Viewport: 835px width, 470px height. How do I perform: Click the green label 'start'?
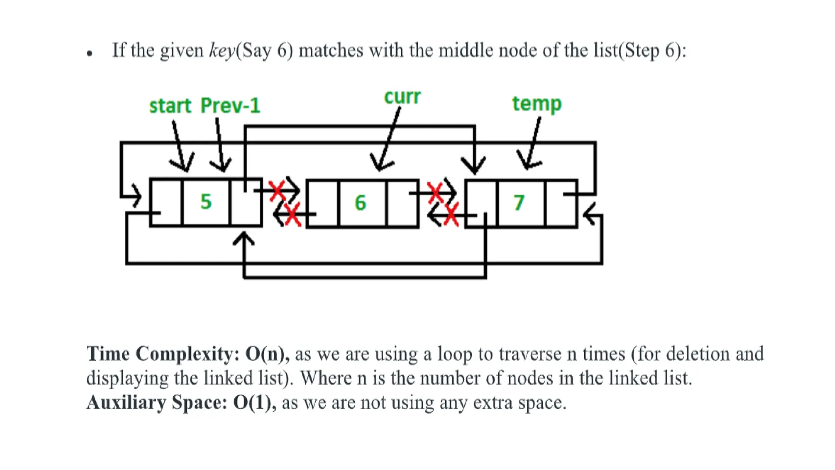[170, 106]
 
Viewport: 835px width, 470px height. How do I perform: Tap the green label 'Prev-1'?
[230, 106]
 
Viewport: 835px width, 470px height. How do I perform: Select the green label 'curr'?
[402, 97]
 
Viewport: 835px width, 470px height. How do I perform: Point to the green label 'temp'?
[537, 104]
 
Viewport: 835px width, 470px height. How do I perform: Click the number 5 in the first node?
[206, 202]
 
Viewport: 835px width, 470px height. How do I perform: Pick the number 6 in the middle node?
[360, 203]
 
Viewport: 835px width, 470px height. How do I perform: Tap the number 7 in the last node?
[519, 203]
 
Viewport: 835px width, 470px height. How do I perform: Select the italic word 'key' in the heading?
[222, 51]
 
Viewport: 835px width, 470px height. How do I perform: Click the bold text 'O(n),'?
[267, 354]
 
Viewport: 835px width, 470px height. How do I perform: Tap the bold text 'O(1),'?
[254, 403]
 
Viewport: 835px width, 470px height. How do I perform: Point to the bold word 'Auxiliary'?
[126, 403]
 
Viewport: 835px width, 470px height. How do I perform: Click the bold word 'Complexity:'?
[188, 354]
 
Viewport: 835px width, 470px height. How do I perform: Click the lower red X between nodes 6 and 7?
[451, 215]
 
